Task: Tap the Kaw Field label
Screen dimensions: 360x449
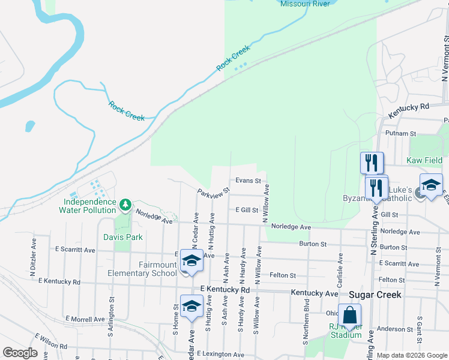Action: (424, 160)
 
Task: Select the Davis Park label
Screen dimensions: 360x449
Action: (122, 237)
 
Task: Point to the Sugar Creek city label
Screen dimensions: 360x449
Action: (375, 295)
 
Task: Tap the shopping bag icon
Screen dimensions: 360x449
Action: (349, 314)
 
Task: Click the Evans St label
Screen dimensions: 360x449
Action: (248, 180)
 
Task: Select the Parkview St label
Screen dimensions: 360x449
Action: (214, 193)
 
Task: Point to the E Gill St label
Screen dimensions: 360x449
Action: (246, 210)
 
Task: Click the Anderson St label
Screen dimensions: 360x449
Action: (391, 329)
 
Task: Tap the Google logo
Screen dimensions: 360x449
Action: (20, 353)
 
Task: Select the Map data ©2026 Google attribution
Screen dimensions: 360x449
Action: (412, 355)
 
